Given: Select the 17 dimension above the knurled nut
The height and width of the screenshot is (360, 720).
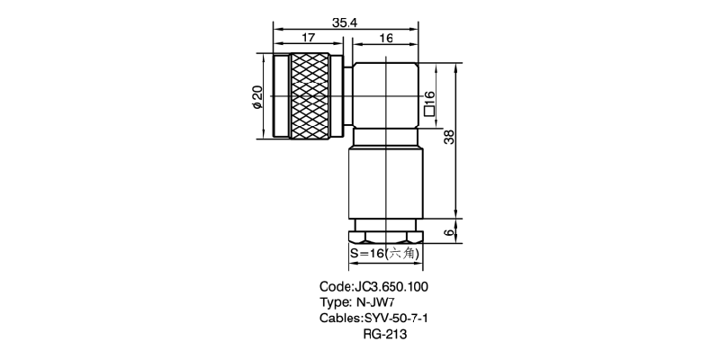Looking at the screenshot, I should click(309, 38).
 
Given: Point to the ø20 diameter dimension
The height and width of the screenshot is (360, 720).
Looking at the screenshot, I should click(256, 97).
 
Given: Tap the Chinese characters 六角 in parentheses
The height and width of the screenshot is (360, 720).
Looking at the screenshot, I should click(401, 255).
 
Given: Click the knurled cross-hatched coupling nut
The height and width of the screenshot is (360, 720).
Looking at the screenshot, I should click(310, 97).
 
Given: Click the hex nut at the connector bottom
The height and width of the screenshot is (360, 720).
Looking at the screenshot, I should click(386, 237).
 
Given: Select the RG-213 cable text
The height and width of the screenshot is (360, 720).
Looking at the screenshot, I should click(386, 335).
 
